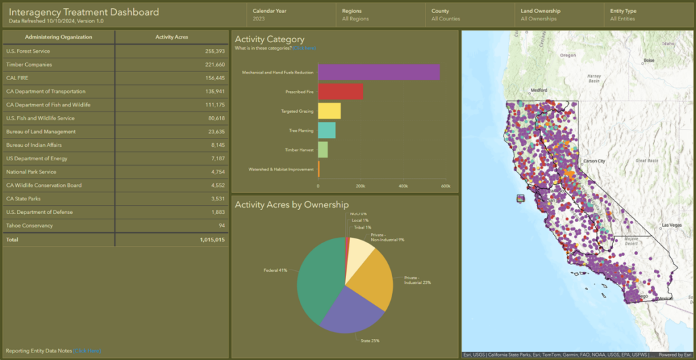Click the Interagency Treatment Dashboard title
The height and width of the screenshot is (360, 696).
(84, 12)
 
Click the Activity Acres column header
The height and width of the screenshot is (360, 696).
(171, 37)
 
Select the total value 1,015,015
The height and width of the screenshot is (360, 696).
(212, 240)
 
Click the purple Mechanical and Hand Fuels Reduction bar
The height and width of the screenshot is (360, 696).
(378, 72)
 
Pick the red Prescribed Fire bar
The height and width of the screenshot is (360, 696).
(340, 91)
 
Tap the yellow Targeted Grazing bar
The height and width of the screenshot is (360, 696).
(329, 111)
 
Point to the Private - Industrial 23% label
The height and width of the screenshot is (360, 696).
(417, 280)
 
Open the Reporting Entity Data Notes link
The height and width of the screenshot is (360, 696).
(87, 350)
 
